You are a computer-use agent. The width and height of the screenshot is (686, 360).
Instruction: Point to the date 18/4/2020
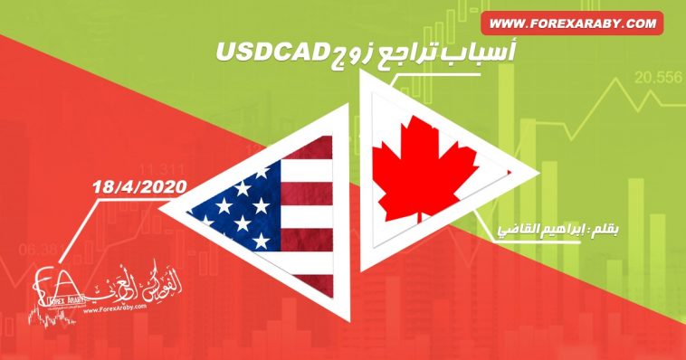click(138, 186)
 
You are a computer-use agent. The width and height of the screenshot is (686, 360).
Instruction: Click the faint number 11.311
click(161, 168)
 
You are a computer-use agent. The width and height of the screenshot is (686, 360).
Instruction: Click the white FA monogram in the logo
click(50, 286)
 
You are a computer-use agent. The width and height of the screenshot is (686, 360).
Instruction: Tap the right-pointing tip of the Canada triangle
click(516, 172)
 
